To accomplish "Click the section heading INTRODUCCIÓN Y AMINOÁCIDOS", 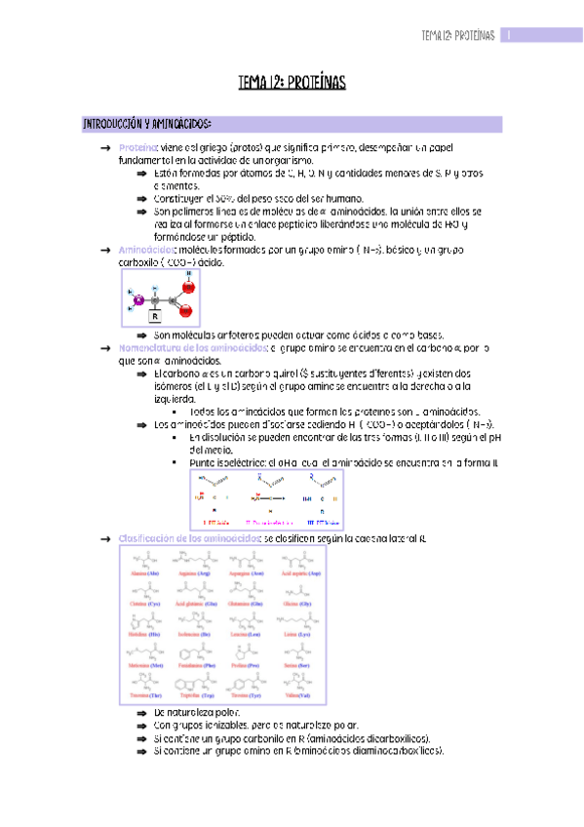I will coord(146,125).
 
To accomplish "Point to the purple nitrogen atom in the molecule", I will coord(137,297).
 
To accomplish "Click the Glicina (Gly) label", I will coord(300,605).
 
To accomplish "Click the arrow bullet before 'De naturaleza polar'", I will coord(142,714).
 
